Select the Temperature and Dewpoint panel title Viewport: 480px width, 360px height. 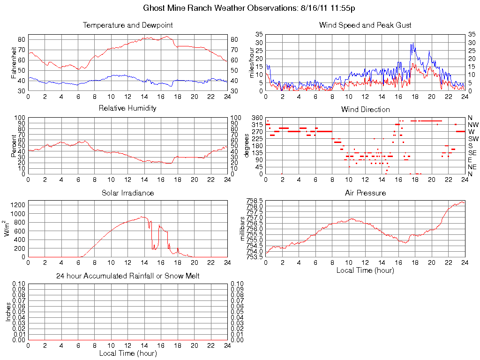pyautogui.click(x=127, y=25)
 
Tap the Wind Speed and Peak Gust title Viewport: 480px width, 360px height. pyautogui.click(x=365, y=25)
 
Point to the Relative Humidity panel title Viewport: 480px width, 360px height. pyautogui.click(x=127, y=108)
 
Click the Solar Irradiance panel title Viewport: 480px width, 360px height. pyautogui.click(x=127, y=193)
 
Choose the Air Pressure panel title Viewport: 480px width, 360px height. pyautogui.click(x=365, y=193)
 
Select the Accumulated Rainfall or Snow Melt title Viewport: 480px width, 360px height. pyautogui.click(x=127, y=276)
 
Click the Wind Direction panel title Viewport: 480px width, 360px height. pyautogui.click(x=365, y=110)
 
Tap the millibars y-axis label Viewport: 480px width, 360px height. pyautogui.click(x=243, y=229)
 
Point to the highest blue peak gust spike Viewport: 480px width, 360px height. pyautogui.click(x=412, y=44)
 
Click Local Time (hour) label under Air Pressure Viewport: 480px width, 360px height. pyautogui.click(x=365, y=270)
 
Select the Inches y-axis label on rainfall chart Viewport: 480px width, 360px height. pyautogui.click(x=8, y=312)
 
